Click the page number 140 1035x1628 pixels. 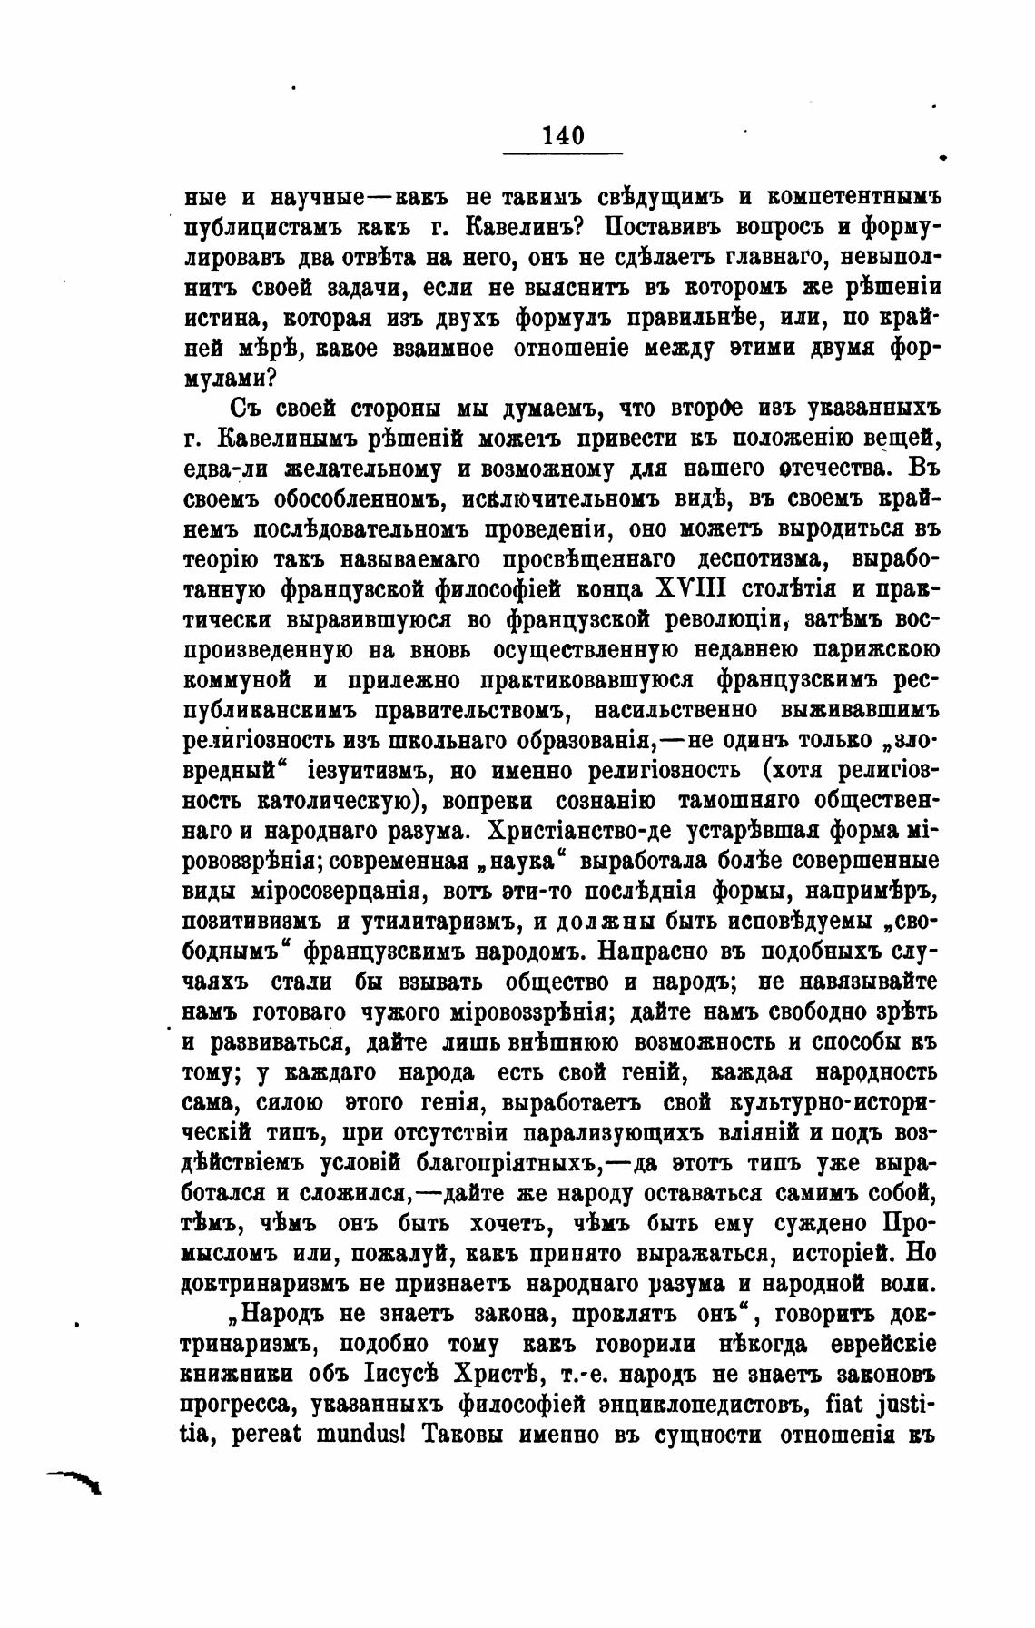(x=563, y=136)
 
